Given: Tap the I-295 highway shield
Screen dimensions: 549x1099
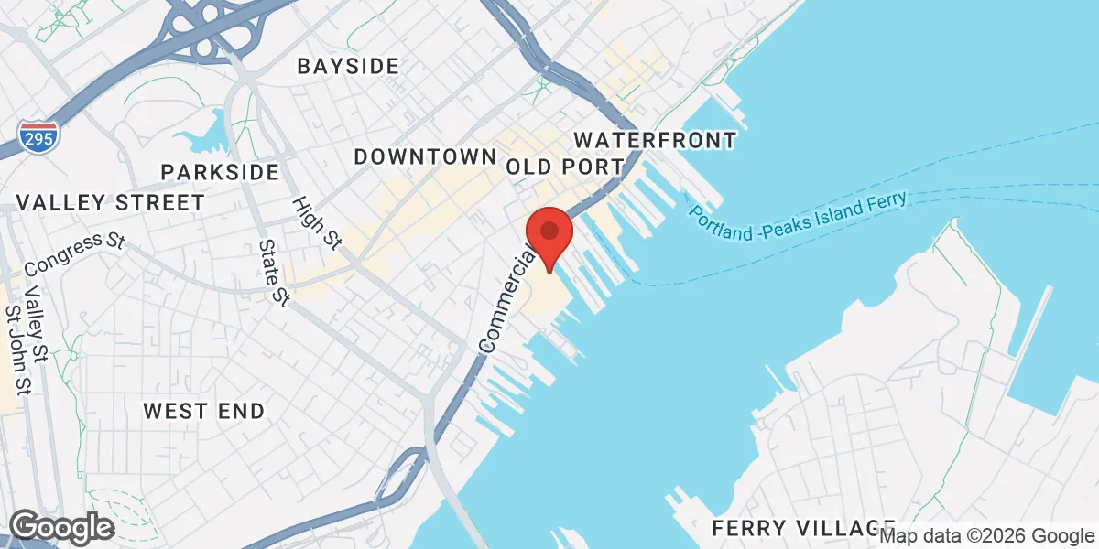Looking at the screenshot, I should pyautogui.click(x=39, y=136).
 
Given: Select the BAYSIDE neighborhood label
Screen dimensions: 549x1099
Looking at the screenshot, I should pyautogui.click(x=348, y=66).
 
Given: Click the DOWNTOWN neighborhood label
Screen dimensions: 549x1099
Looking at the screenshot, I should pyautogui.click(x=425, y=156).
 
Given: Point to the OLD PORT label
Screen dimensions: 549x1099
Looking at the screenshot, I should pyautogui.click(x=565, y=167).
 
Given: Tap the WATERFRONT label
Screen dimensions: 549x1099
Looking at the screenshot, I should pyautogui.click(x=654, y=140).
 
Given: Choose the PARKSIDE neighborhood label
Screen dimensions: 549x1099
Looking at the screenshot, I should pyautogui.click(x=220, y=172).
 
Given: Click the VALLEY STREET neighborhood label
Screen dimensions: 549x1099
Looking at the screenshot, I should pyautogui.click(x=111, y=202).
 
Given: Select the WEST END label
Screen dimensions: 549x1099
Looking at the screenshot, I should pyautogui.click(x=203, y=411).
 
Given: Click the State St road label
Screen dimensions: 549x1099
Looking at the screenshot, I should pyautogui.click(x=274, y=273).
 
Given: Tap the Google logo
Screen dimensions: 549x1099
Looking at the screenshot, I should pyautogui.click(x=61, y=527).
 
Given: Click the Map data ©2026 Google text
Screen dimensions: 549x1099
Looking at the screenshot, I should pyautogui.click(x=987, y=536).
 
